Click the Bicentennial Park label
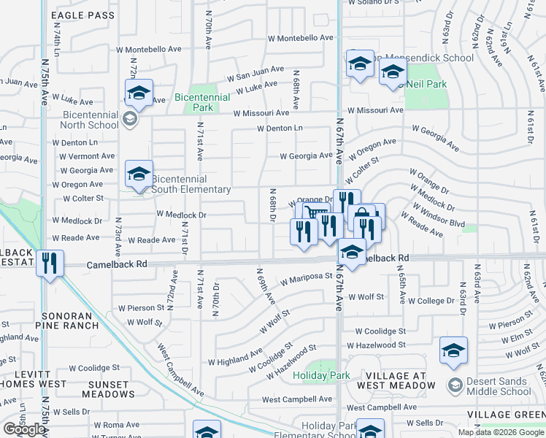(x=193, y=102)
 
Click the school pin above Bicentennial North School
(x=138, y=93)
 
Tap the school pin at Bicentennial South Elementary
(x=138, y=174)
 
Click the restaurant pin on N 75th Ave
(x=50, y=263)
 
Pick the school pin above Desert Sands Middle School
(x=453, y=351)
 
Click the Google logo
(x=23, y=429)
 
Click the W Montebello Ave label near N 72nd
(x=149, y=49)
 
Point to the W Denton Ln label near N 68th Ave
(x=280, y=128)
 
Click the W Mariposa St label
(x=307, y=280)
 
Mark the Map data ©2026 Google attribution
(x=501, y=432)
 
